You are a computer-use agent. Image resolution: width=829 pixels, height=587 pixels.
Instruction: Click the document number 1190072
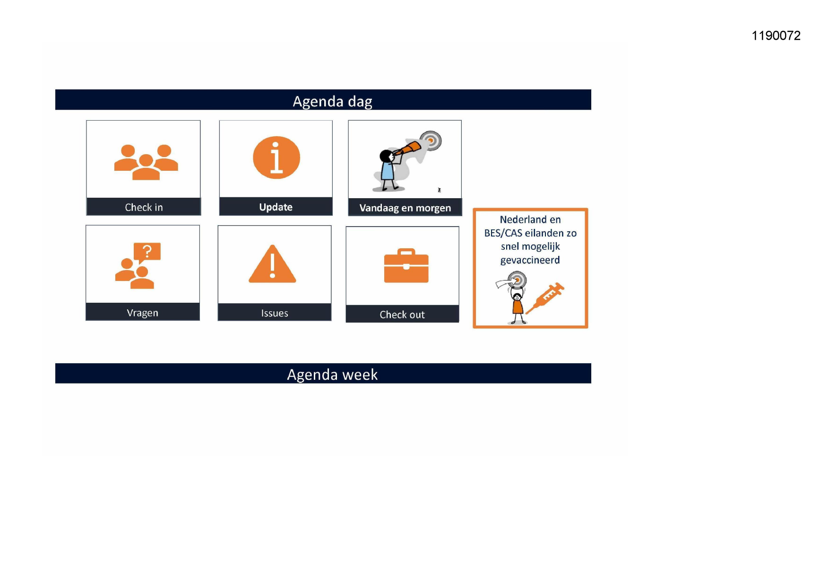tap(776, 35)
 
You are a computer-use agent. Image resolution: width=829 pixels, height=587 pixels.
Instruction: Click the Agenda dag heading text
tap(332, 101)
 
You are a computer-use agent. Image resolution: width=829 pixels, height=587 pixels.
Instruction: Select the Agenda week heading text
tap(332, 375)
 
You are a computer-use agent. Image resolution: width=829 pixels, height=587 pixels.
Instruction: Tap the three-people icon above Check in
tap(146, 162)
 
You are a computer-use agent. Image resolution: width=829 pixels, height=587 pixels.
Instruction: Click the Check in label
tap(144, 207)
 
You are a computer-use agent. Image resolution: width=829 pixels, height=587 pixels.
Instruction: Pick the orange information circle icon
tap(276, 158)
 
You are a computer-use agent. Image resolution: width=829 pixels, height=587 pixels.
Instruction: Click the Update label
tap(276, 207)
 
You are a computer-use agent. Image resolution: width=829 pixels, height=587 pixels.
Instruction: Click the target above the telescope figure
tap(431, 140)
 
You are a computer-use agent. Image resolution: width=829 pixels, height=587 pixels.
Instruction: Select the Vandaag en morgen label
tap(405, 208)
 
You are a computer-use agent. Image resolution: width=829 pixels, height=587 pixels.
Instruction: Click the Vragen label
tap(142, 313)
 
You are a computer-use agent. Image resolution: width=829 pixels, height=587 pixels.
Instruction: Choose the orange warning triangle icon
tap(272, 264)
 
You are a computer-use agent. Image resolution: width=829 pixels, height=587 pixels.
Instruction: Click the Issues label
tap(275, 313)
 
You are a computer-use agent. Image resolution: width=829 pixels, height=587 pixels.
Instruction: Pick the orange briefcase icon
tap(406, 265)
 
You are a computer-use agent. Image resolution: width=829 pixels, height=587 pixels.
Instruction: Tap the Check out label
tap(402, 315)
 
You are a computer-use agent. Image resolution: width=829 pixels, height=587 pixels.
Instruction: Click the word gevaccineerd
tap(530, 260)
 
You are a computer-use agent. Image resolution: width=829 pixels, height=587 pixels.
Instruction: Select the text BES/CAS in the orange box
tap(503, 233)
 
